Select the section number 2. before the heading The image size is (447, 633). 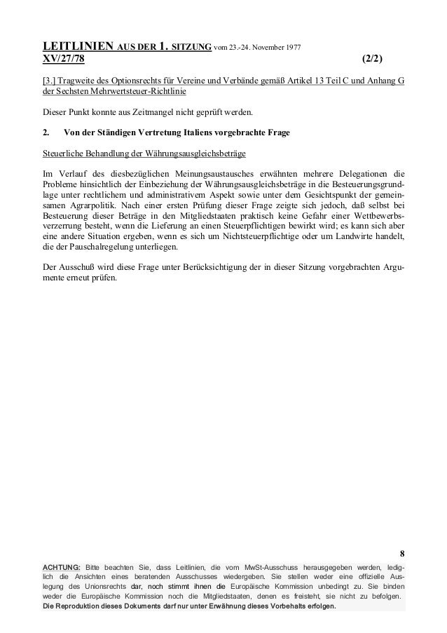pos(46,132)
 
